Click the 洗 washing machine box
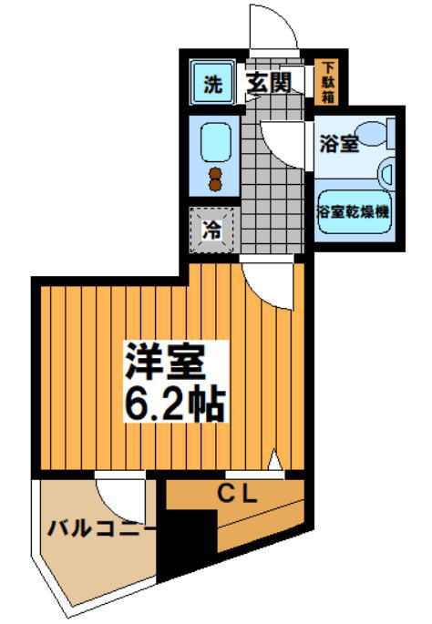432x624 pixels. click(x=211, y=86)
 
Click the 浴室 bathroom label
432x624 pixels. click(x=338, y=144)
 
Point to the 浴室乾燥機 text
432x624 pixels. click(x=353, y=211)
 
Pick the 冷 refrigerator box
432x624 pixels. click(x=211, y=230)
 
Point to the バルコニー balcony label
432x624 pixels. click(x=96, y=527)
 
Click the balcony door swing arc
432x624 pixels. click(x=118, y=497)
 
